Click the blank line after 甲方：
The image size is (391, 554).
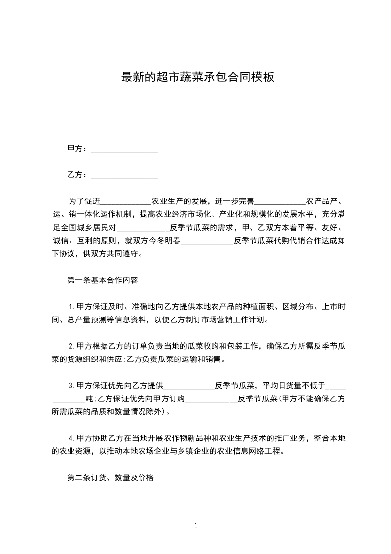[124, 150]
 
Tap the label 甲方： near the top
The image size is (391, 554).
[77, 148]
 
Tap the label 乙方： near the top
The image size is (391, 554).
[77, 174]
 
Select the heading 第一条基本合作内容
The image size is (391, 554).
[102, 280]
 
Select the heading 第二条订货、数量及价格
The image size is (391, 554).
[110, 477]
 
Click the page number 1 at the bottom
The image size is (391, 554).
[196, 526]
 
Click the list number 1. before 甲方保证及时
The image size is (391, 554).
[71, 307]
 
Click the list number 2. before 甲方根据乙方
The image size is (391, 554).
[71, 346]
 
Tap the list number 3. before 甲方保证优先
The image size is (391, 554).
[71, 385]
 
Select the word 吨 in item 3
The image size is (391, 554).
[89, 398]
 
